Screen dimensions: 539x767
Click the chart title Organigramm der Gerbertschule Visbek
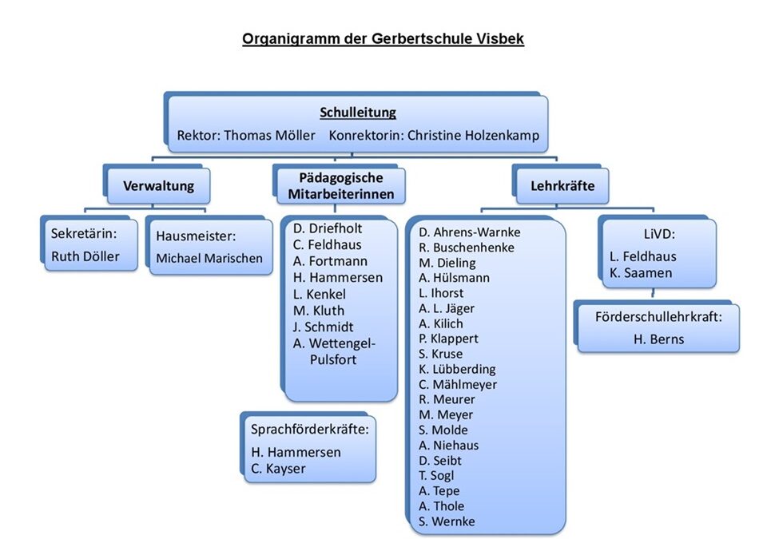click(x=383, y=39)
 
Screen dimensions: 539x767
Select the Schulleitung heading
click(x=358, y=113)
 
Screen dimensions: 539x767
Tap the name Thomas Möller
click(x=269, y=136)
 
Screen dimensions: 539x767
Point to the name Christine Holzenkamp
click(x=473, y=136)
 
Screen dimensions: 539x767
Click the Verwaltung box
click(x=158, y=187)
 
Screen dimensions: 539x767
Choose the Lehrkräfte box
click(x=563, y=187)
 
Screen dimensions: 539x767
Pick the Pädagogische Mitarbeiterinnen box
click(x=341, y=185)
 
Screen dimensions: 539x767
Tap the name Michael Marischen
click(x=209, y=258)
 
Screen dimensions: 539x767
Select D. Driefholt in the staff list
click(x=328, y=228)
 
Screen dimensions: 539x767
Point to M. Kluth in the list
click(x=319, y=310)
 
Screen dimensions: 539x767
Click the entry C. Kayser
click(x=278, y=468)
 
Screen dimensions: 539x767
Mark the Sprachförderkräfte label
click(x=310, y=429)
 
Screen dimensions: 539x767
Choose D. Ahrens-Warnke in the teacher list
click(x=469, y=232)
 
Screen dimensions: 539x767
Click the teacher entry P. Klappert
click(x=448, y=339)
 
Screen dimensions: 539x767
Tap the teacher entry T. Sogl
click(x=438, y=476)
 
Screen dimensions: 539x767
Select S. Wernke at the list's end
click(x=447, y=521)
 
